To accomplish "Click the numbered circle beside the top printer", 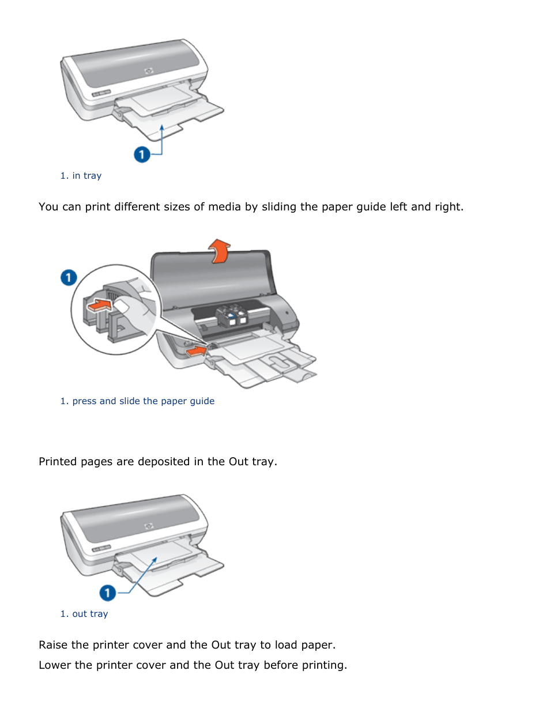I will (x=142, y=155).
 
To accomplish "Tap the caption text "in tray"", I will (x=86, y=176).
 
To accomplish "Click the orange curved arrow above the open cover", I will (x=220, y=251).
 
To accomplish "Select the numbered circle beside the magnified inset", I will (x=69, y=277).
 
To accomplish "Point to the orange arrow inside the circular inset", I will (x=100, y=305).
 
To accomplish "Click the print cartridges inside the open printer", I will (x=232, y=315).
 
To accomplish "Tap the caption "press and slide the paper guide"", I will (x=143, y=401).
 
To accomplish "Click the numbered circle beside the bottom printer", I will (x=107, y=593).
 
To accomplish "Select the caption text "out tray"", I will (x=90, y=614).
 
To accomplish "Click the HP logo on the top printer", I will (x=149, y=71).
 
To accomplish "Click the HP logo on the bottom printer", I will (x=149, y=526).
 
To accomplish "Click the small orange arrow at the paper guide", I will (x=197, y=351).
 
